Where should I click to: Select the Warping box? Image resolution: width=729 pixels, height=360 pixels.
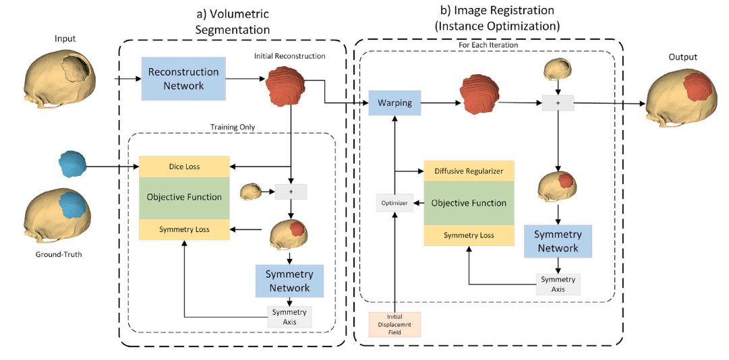[x=395, y=104]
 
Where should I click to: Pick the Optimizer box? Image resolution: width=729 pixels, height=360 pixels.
[x=394, y=202]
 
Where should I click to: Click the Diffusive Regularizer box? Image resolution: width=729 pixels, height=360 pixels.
[x=469, y=171]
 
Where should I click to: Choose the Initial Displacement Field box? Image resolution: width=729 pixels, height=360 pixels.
[x=395, y=324]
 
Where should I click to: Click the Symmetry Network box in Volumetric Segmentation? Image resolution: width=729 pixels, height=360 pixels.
[x=289, y=280]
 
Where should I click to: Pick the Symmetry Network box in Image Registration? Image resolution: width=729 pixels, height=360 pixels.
[x=558, y=241]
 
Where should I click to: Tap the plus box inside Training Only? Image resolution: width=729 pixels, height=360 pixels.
[x=291, y=191]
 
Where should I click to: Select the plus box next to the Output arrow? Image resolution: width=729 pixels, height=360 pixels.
[x=558, y=102]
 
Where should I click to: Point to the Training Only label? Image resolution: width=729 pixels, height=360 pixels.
[x=232, y=126]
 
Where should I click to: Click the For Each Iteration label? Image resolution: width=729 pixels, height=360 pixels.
[x=488, y=46]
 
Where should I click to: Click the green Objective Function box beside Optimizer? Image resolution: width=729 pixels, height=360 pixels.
[x=469, y=203]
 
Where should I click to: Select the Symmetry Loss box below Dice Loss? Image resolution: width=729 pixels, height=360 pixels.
[x=184, y=229]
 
